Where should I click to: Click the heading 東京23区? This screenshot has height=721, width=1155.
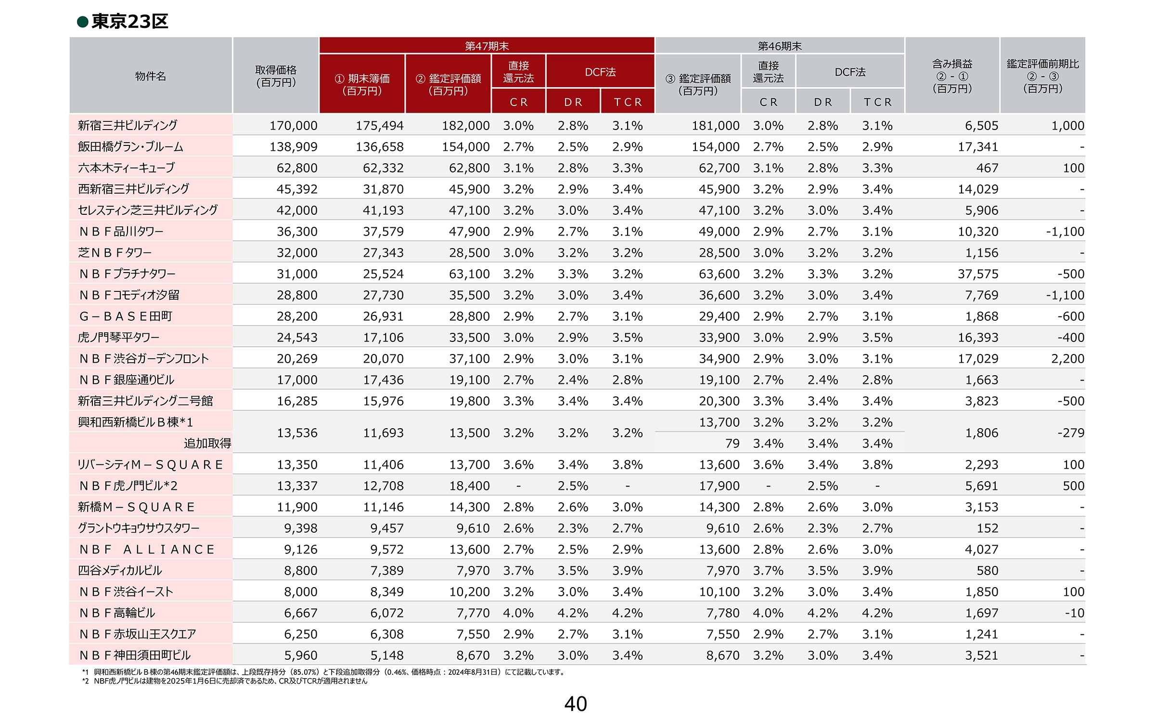(129, 22)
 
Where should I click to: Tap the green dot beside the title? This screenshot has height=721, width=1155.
(83, 22)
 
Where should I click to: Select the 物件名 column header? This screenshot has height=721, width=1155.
(151, 76)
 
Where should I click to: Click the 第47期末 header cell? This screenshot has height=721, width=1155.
(487, 46)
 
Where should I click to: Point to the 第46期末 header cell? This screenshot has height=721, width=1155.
(780, 46)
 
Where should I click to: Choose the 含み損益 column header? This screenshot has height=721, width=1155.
(952, 64)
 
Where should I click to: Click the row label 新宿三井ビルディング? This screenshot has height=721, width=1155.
(128, 125)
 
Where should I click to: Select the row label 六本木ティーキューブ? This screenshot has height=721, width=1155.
(126, 168)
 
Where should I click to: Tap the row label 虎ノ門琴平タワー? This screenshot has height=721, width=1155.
(118, 337)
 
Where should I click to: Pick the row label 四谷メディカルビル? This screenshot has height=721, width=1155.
(120, 570)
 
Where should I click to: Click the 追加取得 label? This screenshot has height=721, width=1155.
(207, 443)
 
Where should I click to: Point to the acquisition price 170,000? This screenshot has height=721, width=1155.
(293, 126)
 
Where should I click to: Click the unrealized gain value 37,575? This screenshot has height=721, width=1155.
(978, 274)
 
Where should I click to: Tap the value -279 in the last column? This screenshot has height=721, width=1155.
(1071, 433)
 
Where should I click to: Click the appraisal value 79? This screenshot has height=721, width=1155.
(732, 444)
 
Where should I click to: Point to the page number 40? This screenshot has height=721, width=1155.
(576, 704)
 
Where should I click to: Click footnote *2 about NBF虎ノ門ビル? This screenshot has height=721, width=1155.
(225, 681)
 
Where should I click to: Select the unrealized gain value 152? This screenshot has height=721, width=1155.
(988, 528)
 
